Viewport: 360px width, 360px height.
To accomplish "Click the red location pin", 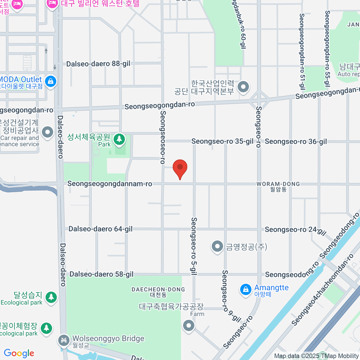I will click(180, 167).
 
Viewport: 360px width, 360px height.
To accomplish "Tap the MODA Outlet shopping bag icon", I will click(50, 81).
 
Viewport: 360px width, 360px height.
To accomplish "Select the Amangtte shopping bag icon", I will click(245, 289).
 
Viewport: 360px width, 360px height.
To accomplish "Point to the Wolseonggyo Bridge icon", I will click(64, 340).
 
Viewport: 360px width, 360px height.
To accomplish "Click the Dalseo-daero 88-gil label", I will click(98, 64).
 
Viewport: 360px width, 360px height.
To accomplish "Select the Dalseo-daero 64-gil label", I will click(100, 229).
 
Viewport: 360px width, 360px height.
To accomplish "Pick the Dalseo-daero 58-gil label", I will click(101, 274).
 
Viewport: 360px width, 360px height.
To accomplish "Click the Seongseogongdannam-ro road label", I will click(109, 184).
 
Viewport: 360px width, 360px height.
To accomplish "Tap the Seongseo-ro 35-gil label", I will click(222, 141).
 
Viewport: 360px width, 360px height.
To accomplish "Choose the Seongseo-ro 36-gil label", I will click(296, 142).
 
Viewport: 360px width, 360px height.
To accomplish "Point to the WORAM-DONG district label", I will click(278, 184).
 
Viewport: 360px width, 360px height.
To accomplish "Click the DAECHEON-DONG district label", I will click(158, 289).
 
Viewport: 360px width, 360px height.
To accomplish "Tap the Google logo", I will click(19, 353).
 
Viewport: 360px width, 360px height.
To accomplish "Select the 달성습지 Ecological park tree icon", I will click(51, 297).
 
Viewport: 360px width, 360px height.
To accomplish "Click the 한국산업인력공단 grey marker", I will click(243, 87).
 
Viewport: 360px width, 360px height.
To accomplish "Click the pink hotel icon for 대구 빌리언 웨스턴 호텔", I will click(52, 4).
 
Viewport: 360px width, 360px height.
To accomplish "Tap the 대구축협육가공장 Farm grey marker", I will click(188, 325).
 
